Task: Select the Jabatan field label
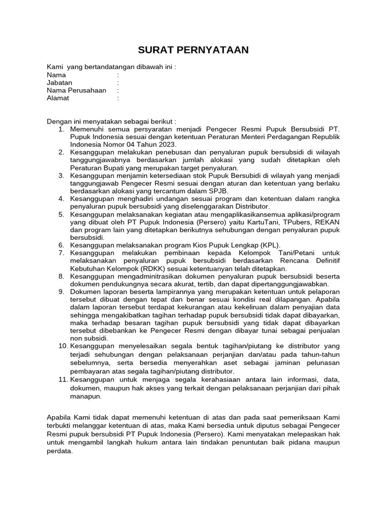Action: [59, 83]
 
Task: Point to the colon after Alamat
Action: [117, 98]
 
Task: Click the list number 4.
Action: [61, 199]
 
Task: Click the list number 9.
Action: [61, 291]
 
